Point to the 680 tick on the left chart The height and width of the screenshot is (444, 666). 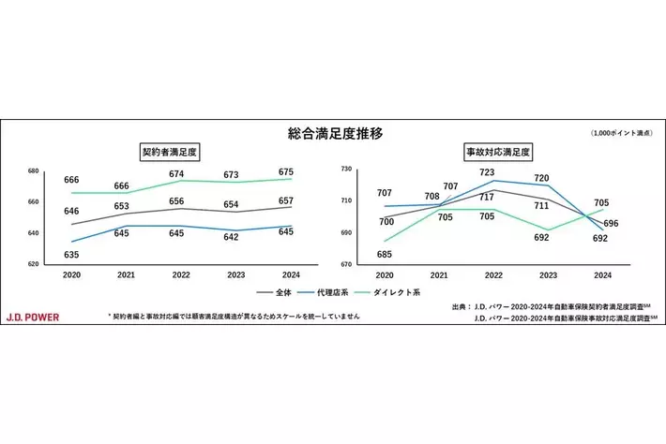tap(32, 170)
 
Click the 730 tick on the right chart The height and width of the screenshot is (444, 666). tap(345, 169)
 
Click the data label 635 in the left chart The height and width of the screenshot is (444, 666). tap(71, 255)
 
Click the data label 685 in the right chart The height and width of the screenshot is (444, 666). tap(385, 254)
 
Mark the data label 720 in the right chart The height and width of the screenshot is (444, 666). tap(541, 178)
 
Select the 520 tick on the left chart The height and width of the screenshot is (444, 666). tap(32, 264)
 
